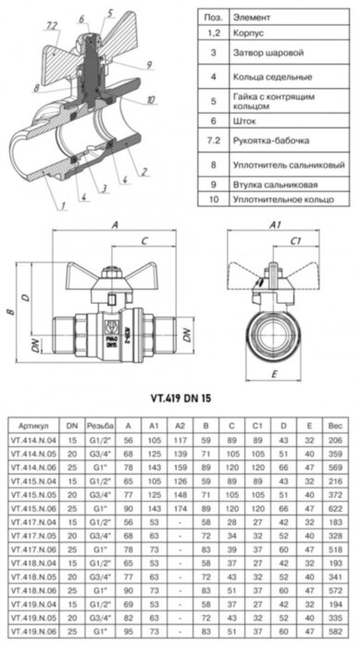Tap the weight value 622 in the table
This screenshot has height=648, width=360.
point(335,509)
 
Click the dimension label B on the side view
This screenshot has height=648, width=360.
point(9,313)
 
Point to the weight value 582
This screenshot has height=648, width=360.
point(335,633)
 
